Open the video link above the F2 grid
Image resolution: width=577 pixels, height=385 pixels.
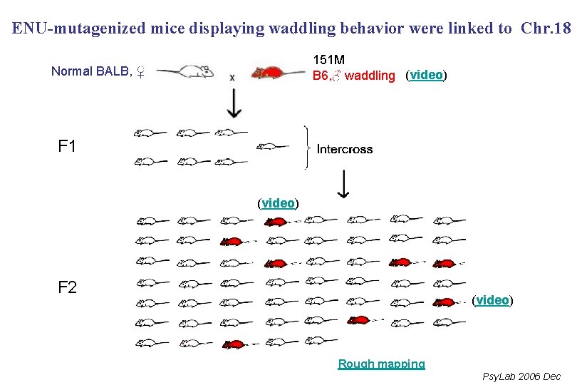coord(278,203)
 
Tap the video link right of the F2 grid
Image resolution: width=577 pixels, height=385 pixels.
coord(493,300)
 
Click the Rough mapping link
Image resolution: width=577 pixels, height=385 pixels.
coord(381,364)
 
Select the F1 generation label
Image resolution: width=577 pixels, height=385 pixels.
coord(67,148)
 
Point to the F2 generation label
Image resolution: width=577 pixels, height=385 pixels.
coord(67,288)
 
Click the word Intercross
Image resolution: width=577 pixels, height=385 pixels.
coord(345,149)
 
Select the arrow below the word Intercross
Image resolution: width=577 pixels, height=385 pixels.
coord(343,185)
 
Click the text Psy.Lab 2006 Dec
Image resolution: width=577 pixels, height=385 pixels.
coord(521,376)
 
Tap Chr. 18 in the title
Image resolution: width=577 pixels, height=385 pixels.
coord(546,29)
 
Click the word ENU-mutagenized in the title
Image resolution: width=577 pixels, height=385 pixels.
coord(79,29)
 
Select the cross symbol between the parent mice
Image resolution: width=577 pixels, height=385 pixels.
coord(232,77)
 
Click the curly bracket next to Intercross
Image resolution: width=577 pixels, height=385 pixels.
coord(307,148)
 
